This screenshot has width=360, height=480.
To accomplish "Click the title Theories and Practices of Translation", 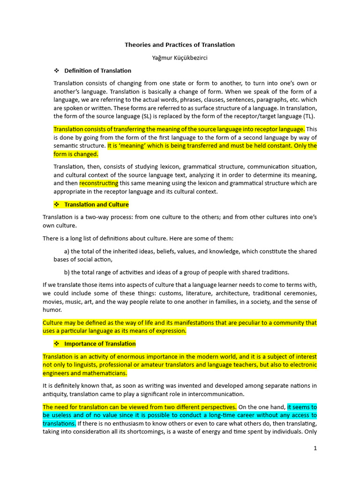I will click(x=180, y=45).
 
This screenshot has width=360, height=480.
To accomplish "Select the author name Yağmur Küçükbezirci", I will click(x=180, y=58).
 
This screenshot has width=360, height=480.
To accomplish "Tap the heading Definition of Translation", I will click(x=97, y=71).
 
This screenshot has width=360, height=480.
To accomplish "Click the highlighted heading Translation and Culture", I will click(x=96, y=205).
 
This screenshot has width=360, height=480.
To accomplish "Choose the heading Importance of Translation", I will click(x=100, y=344).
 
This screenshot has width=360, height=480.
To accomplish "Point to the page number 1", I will click(x=315, y=448).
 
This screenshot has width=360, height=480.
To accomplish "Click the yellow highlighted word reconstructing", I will click(x=99, y=183).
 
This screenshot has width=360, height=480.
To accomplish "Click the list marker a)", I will click(x=67, y=252).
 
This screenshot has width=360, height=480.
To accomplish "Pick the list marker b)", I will click(x=67, y=272).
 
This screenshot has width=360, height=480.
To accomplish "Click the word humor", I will click(x=52, y=310).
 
